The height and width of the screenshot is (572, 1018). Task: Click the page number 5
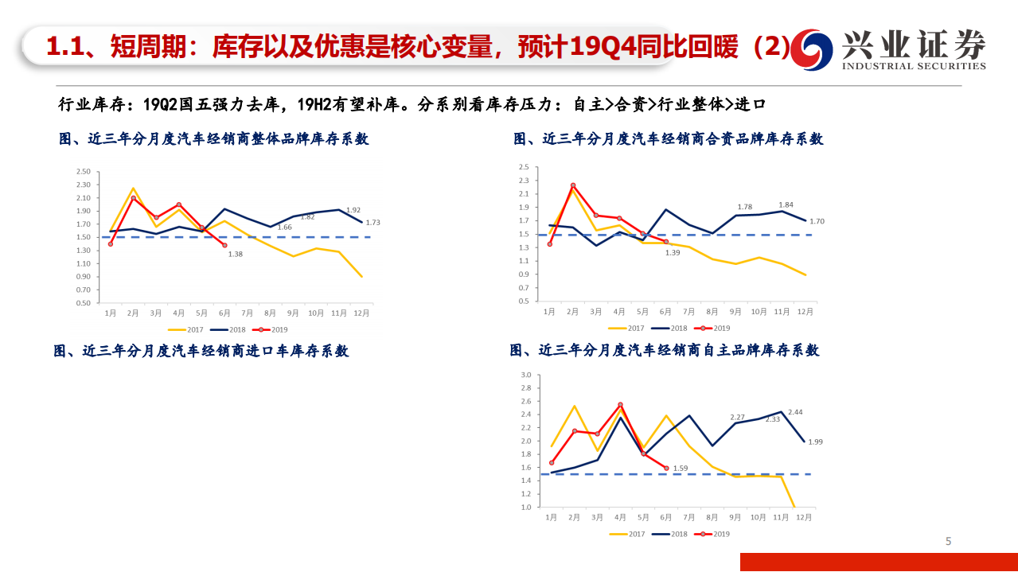tap(948, 542)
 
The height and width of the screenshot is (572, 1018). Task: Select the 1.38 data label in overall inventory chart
tap(236, 254)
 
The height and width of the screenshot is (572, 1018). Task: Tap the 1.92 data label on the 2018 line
tap(354, 210)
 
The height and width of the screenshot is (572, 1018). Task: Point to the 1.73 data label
tap(373, 223)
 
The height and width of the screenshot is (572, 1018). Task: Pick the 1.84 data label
tap(786, 204)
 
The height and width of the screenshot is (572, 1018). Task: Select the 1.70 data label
tap(817, 221)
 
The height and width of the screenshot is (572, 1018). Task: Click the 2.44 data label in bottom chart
tap(795, 412)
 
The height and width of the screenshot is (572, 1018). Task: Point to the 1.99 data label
tap(815, 442)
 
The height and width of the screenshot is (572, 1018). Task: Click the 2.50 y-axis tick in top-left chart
tap(83, 172)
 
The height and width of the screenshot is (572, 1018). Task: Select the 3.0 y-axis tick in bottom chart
tap(525, 375)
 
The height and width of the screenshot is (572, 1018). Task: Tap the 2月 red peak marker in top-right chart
tap(572, 185)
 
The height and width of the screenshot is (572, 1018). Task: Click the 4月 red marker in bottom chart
tap(620, 405)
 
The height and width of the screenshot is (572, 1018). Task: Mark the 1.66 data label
tap(284, 227)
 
